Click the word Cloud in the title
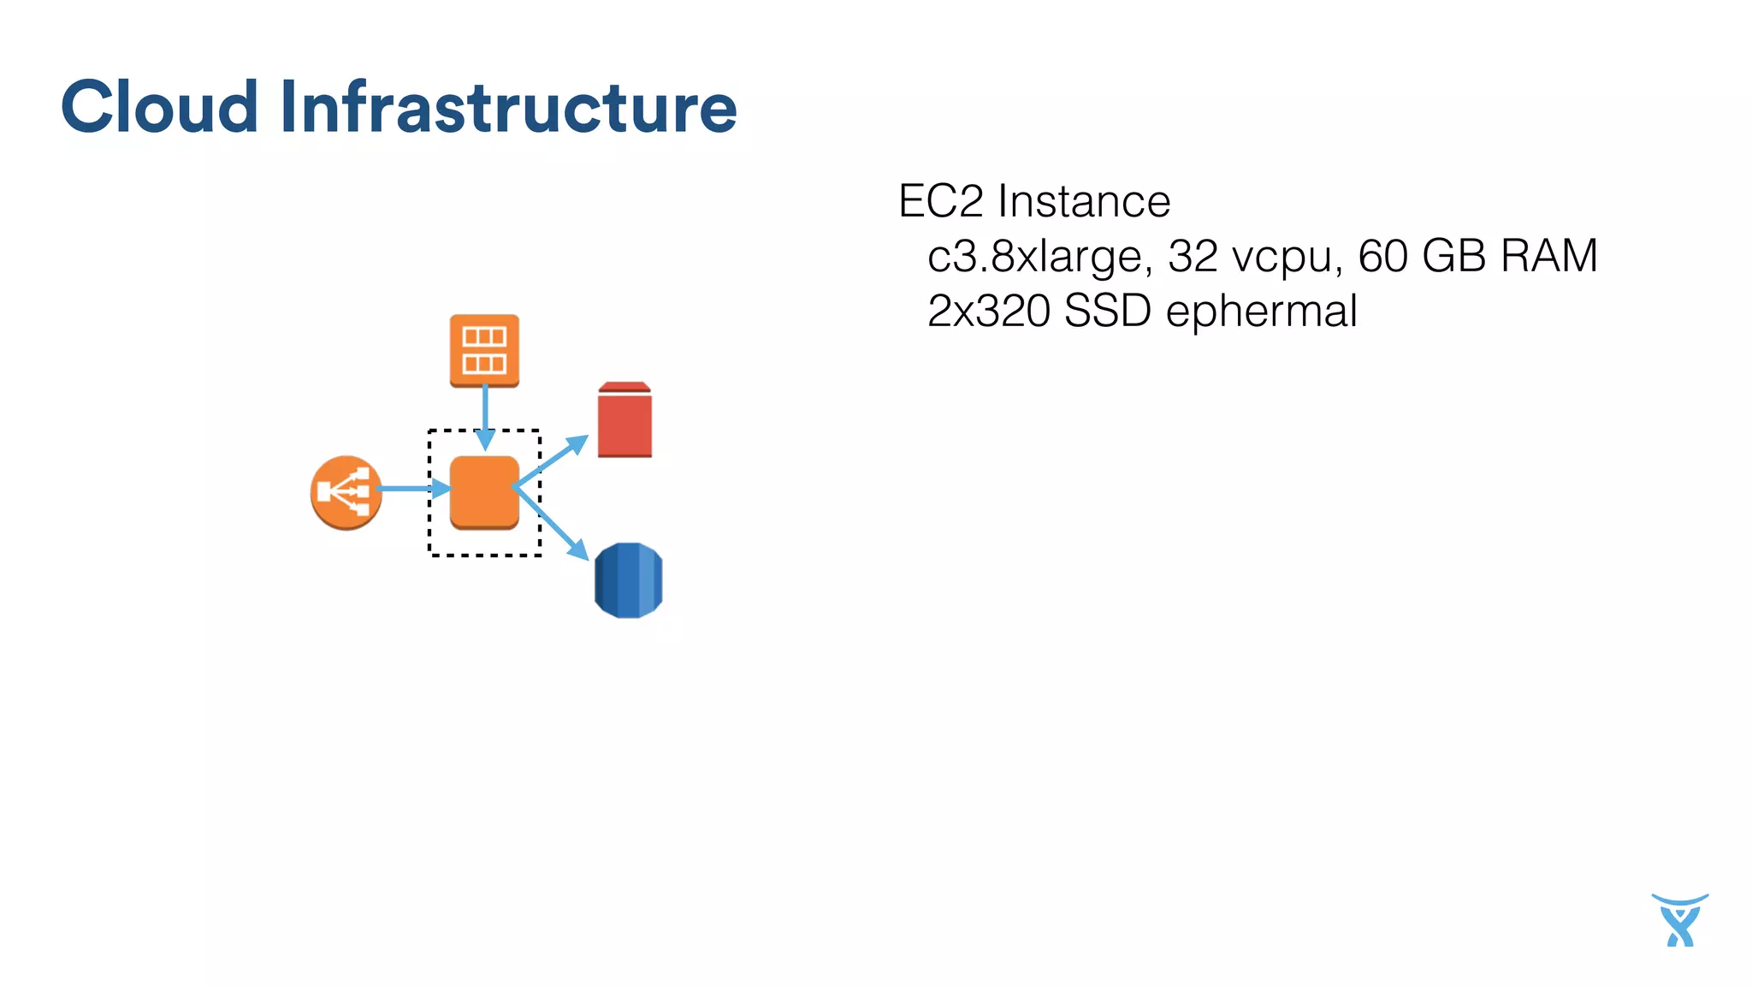pos(159,107)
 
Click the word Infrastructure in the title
pos(508,107)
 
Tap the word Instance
pos(1084,202)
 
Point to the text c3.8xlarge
pos(1039,257)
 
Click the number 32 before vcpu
pos(1193,256)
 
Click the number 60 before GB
pos(1382,256)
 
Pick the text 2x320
pos(989,311)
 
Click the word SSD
pos(1107,311)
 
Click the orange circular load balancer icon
pos(346,492)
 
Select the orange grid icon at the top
pos(484,350)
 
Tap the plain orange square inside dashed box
pos(484,492)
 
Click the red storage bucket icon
pos(624,420)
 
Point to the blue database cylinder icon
pos(628,579)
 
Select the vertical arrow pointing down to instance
pos(485,415)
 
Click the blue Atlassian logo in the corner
pos(1679,920)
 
